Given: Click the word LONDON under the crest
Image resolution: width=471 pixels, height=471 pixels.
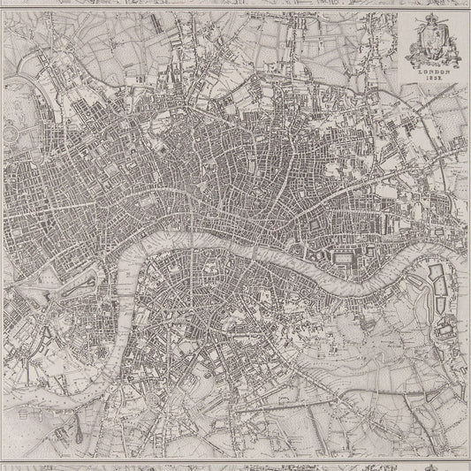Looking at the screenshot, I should pyautogui.click(x=428, y=72).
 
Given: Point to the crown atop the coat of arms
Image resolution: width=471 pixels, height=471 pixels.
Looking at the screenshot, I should pyautogui.click(x=429, y=22).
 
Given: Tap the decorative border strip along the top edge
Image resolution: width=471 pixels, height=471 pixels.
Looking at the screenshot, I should pyautogui.click(x=235, y=3).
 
